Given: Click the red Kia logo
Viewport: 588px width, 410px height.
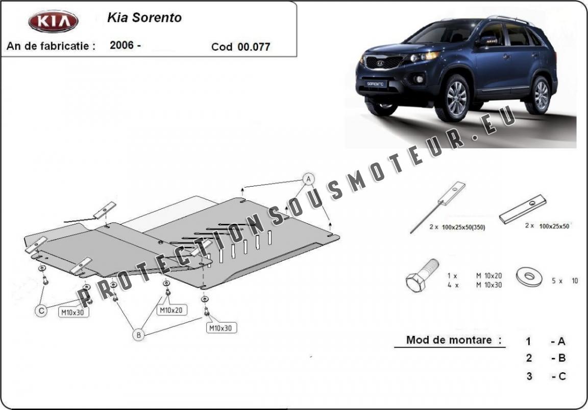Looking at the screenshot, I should pyautogui.click(x=53, y=21).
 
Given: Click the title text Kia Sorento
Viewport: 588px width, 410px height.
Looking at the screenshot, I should pyautogui.click(x=144, y=17).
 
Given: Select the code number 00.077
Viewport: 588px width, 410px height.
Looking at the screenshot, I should pyautogui.click(x=254, y=47).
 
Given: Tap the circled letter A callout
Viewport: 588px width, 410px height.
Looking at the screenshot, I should pyautogui.click(x=308, y=178).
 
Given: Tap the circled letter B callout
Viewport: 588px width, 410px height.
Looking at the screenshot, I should pyautogui.click(x=138, y=335).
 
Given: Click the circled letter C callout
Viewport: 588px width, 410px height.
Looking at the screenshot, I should pyautogui.click(x=41, y=310).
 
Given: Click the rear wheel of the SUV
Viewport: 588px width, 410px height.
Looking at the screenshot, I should pyautogui.click(x=540, y=95).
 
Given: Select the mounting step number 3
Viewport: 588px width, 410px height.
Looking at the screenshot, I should pyautogui.click(x=529, y=376).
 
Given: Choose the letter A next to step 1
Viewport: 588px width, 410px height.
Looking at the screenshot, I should pyautogui.click(x=561, y=341).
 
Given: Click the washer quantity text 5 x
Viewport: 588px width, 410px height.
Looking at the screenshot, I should pyautogui.click(x=556, y=281).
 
